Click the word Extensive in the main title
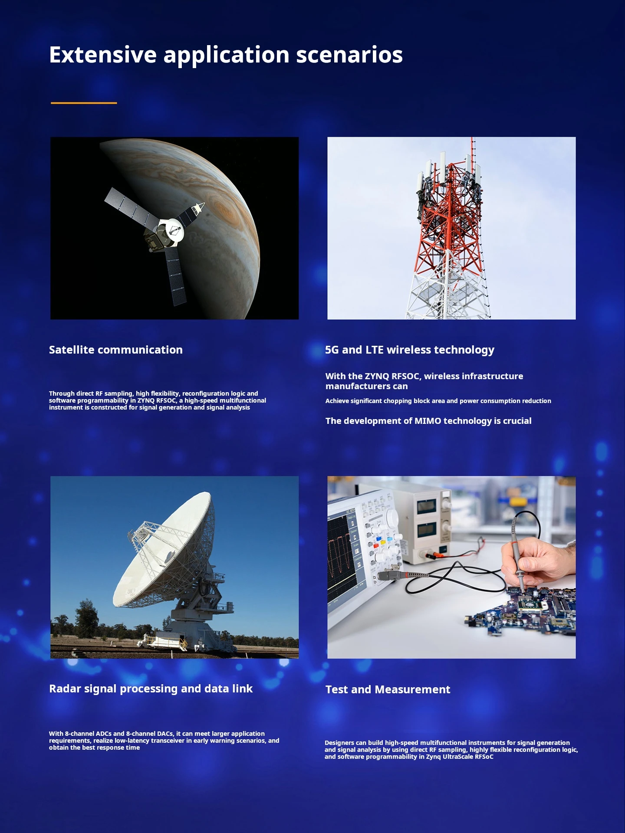click(102, 55)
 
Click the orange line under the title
click(84, 103)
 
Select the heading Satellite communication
click(115, 350)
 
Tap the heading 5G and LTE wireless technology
click(409, 350)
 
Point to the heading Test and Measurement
click(388, 689)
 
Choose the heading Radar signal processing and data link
click(151, 689)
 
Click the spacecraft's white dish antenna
click(173, 230)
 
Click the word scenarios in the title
click(349, 55)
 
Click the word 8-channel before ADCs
click(79, 734)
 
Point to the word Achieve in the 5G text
click(337, 401)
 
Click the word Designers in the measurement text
click(339, 743)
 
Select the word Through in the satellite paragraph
click(62, 394)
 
